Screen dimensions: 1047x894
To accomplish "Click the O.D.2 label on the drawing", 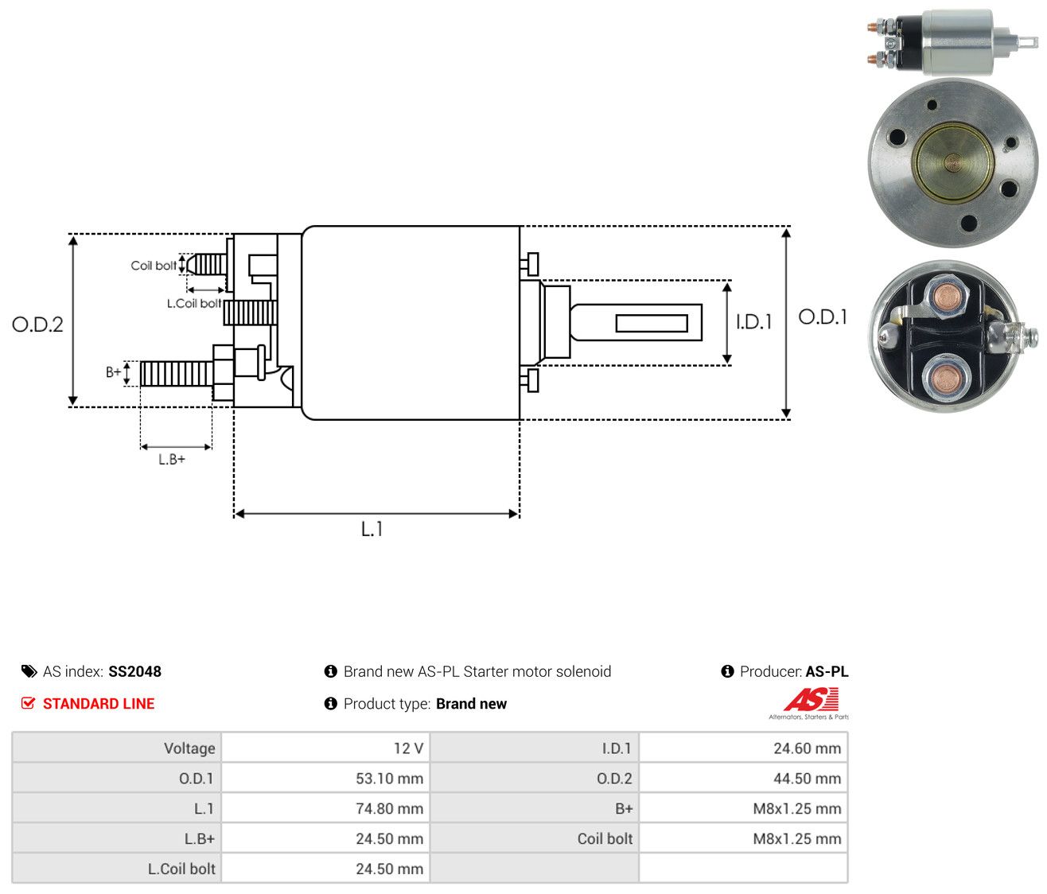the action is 37,325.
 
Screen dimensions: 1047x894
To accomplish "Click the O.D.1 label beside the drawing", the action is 822,317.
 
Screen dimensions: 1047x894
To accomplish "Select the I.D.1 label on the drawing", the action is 753,321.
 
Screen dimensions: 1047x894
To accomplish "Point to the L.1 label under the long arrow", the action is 372,529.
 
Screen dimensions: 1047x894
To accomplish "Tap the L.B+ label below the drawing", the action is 172,460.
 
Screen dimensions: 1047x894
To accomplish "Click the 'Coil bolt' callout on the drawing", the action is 154,266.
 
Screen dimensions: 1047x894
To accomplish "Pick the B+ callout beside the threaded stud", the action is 114,372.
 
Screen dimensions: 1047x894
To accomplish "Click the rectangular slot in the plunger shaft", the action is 652,323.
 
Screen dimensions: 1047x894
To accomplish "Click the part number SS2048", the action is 134,671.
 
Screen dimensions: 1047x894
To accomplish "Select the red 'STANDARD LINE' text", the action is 99,704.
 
